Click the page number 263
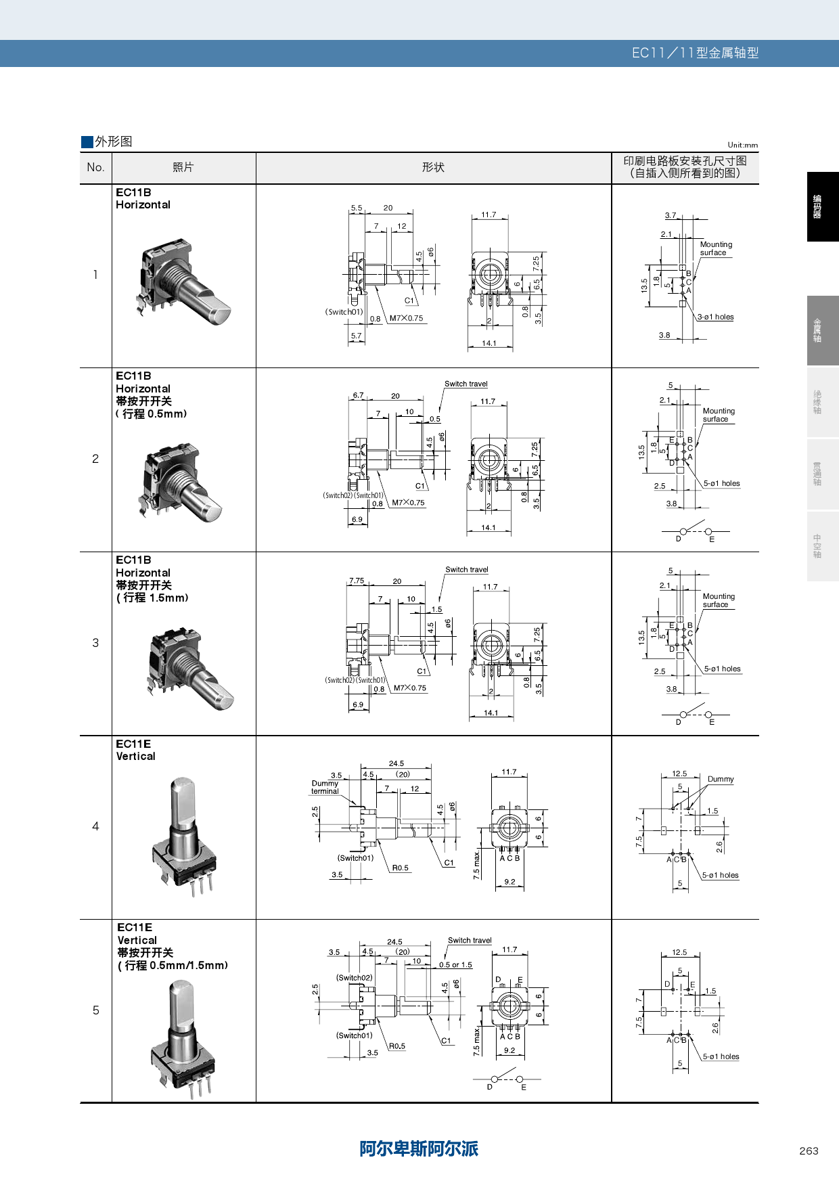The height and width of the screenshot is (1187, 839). pyautogui.click(x=809, y=1150)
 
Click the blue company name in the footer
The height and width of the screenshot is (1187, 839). pyautogui.click(x=419, y=1148)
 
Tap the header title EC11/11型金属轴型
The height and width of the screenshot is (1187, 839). pyautogui.click(x=695, y=53)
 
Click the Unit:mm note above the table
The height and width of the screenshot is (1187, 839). pyautogui.click(x=742, y=145)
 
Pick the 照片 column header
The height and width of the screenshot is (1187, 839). pyautogui.click(x=183, y=167)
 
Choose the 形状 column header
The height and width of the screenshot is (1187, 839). pyautogui.click(x=433, y=167)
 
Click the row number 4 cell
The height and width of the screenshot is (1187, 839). pyautogui.click(x=95, y=826)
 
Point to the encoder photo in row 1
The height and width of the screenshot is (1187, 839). pyautogui.click(x=184, y=283)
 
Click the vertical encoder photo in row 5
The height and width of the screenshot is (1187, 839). pyautogui.click(x=183, y=1039)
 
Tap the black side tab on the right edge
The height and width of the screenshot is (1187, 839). pyautogui.click(x=822, y=206)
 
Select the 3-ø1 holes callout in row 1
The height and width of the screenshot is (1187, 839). pyautogui.click(x=716, y=317)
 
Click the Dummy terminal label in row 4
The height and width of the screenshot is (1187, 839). pyautogui.click(x=325, y=787)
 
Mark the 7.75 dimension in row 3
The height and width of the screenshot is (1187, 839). pyautogui.click(x=357, y=581)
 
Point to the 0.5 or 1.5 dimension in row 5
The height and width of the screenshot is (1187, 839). pyautogui.click(x=455, y=965)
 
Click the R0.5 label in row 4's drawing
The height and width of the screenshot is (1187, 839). pyautogui.click(x=400, y=868)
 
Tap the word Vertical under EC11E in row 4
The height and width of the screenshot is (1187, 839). pyautogui.click(x=136, y=757)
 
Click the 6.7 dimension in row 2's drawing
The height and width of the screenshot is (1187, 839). pyautogui.click(x=358, y=395)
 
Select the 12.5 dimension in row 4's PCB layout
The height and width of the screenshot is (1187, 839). pyautogui.click(x=679, y=774)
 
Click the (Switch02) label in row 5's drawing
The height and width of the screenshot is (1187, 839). pyautogui.click(x=354, y=977)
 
